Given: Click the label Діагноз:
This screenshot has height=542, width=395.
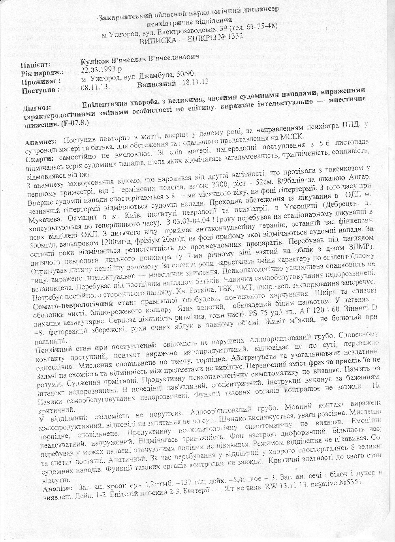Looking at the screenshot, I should [38, 107].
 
